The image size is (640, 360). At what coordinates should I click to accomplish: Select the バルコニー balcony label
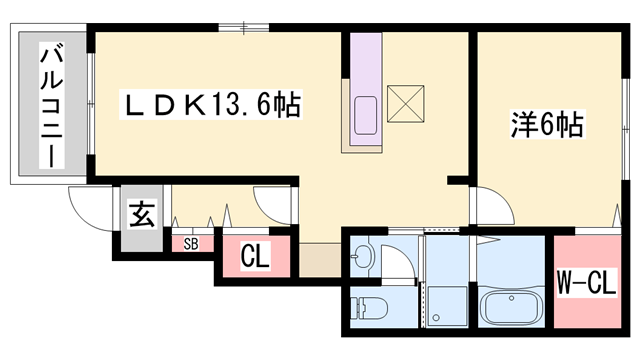(x=48, y=103)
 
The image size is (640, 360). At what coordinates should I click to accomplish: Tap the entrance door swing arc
(x=87, y=208)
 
